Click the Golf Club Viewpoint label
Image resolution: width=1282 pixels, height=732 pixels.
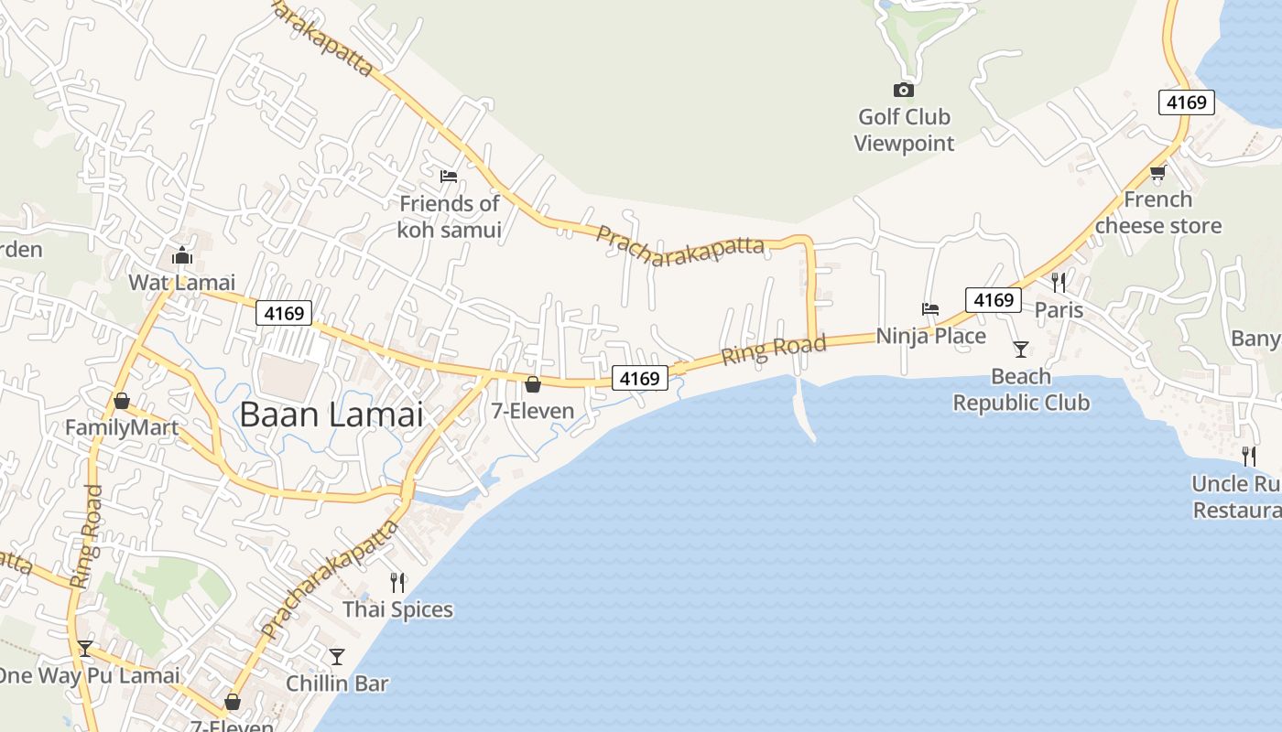[904, 130]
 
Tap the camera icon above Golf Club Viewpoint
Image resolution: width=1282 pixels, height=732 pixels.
[904, 90]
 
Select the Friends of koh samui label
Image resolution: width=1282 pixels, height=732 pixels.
[449, 216]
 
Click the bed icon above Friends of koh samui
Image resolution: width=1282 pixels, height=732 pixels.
[449, 176]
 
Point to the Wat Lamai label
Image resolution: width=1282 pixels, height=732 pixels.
[181, 282]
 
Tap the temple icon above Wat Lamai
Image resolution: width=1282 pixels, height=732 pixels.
[181, 254]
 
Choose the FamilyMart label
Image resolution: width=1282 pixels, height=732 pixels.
[122, 428]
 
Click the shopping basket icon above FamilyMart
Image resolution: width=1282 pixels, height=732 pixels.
[121, 401]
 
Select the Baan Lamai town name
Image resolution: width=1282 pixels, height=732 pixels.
[331, 414]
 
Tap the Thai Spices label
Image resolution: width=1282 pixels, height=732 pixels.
[397, 608]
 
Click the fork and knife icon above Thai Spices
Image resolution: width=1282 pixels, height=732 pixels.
[397, 581]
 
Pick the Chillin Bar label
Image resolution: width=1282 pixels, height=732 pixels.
[337, 683]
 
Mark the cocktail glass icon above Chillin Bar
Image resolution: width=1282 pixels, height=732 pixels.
[337, 656]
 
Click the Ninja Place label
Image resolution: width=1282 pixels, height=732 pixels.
[930, 336]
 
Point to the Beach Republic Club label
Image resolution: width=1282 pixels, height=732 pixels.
[1021, 390]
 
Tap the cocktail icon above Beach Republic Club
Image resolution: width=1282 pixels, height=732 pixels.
[1021, 349]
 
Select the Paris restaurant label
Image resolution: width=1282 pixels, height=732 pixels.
[1059, 310]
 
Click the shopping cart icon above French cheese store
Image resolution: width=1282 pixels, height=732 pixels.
[1157, 172]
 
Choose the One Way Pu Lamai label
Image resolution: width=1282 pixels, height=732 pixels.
[89, 676]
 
